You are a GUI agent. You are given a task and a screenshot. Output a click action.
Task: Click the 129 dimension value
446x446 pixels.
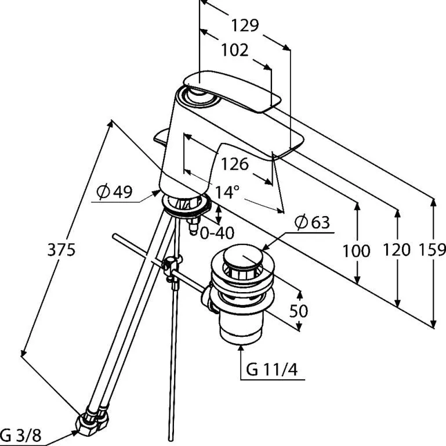245,25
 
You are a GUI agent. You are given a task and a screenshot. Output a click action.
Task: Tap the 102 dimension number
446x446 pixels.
235,50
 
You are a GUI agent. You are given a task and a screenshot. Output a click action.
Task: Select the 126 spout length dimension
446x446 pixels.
235,164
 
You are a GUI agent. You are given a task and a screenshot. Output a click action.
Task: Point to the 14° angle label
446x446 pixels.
227,192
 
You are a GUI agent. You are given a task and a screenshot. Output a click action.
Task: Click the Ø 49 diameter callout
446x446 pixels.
114,192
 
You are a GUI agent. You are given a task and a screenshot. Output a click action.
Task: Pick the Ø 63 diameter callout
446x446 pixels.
312,222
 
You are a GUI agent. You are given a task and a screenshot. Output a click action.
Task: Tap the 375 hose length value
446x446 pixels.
61,250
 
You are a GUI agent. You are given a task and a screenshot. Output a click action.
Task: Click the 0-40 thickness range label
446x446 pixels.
217,233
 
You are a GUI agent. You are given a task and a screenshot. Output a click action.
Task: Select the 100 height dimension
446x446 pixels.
356,251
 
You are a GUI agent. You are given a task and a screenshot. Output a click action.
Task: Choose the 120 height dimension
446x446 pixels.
397,250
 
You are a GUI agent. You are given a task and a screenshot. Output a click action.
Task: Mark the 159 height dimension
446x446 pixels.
432,250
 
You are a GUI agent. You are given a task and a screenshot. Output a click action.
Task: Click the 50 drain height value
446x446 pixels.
299,311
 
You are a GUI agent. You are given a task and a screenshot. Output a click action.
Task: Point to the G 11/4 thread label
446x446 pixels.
271,370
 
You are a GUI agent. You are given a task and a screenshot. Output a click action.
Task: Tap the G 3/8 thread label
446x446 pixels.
21,435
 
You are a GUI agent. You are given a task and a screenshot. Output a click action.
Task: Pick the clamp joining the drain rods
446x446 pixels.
172,267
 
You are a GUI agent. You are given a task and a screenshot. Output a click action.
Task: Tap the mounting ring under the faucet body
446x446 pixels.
187,204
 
